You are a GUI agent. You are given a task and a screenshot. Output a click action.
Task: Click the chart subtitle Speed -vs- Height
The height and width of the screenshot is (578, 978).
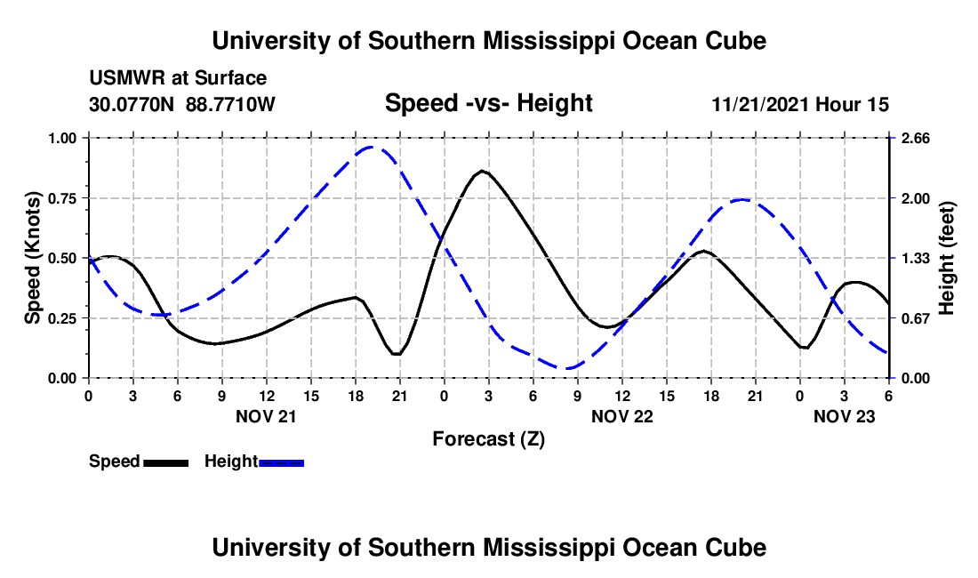pyautogui.click(x=488, y=103)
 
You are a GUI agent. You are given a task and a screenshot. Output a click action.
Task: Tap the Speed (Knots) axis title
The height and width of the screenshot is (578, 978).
pyautogui.click(x=33, y=258)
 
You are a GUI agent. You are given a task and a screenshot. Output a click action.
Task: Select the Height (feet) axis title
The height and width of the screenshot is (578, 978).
pyautogui.click(x=946, y=258)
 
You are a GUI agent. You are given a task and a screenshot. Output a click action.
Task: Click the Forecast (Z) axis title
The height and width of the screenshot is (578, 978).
pyautogui.click(x=488, y=438)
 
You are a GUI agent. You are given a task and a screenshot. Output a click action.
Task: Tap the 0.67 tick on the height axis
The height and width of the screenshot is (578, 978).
pyautogui.click(x=911, y=318)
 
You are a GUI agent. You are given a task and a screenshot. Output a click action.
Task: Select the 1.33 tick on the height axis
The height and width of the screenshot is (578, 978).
pyautogui.click(x=911, y=258)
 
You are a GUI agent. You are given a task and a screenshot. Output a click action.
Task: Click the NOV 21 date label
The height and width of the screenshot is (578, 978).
pyautogui.click(x=266, y=416)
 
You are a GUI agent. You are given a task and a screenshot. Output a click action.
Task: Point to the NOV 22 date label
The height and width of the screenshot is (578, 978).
pyautogui.click(x=621, y=416)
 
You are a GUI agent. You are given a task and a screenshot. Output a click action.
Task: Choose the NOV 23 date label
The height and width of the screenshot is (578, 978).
pyautogui.click(x=845, y=416)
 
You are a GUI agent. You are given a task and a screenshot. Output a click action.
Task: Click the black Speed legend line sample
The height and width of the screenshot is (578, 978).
pyautogui.click(x=165, y=462)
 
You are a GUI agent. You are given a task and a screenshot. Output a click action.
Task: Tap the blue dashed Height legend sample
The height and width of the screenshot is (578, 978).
pyautogui.click(x=281, y=462)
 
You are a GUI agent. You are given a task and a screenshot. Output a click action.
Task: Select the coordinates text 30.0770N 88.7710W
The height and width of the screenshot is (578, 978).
pyautogui.click(x=182, y=104)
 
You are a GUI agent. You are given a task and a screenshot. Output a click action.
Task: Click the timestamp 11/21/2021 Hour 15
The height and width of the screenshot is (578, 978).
pyautogui.click(x=800, y=104)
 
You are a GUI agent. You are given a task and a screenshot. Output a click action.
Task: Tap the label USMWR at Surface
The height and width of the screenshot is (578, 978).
pyautogui.click(x=178, y=79)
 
